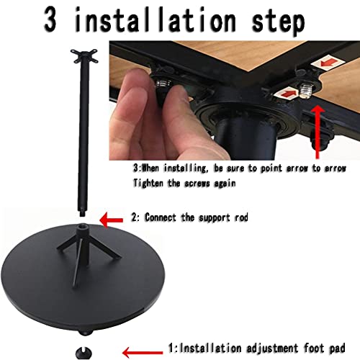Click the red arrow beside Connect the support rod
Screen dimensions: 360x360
(111, 217)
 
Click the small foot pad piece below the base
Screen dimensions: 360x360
(89, 352)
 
